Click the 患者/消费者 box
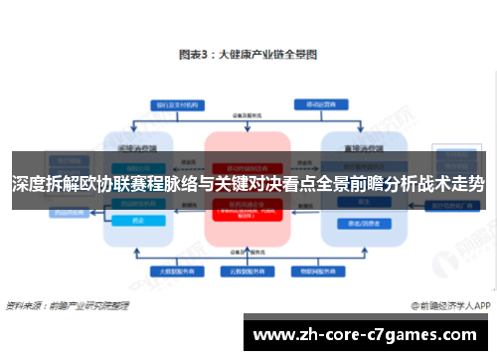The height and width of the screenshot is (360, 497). pyautogui.click(x=358, y=225)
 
